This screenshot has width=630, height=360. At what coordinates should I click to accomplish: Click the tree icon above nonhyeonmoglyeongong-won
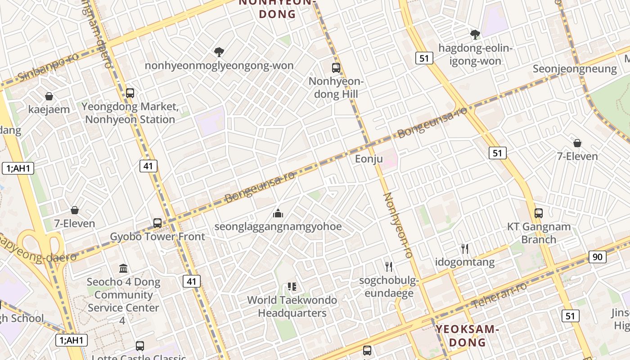coord(219,52)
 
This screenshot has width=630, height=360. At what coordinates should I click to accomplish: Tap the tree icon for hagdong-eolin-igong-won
coord(475,34)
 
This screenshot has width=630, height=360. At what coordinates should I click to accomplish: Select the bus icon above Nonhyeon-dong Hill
coord(336,68)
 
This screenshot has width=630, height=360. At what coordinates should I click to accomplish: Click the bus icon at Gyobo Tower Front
coord(157,223)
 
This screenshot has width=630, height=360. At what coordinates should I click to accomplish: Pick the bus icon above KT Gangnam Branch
coord(539,213)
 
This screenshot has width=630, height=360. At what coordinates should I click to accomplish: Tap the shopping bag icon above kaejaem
coord(49,96)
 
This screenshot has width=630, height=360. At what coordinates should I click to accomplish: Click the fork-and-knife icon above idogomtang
coord(465,248)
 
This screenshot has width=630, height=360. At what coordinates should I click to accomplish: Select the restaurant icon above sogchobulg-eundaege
coord(389,267)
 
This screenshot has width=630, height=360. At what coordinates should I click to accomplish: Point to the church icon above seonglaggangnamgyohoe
coord(278,213)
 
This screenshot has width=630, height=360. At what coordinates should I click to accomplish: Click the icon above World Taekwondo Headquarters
coord(292,287)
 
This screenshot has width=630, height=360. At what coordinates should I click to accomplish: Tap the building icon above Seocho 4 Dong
coord(123,269)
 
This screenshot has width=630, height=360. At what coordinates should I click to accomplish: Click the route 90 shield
coord(597,257)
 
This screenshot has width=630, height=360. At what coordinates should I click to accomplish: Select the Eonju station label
coord(369,159)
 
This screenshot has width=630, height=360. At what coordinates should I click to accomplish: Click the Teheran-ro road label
coord(500,295)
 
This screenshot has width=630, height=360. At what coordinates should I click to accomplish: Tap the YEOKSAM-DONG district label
coord(467,336)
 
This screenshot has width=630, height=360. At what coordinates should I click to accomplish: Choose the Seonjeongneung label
coord(575,69)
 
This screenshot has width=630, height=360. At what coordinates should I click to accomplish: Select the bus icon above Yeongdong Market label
coord(130,93)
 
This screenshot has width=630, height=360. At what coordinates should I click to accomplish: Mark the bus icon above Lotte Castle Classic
coord(140,346)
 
